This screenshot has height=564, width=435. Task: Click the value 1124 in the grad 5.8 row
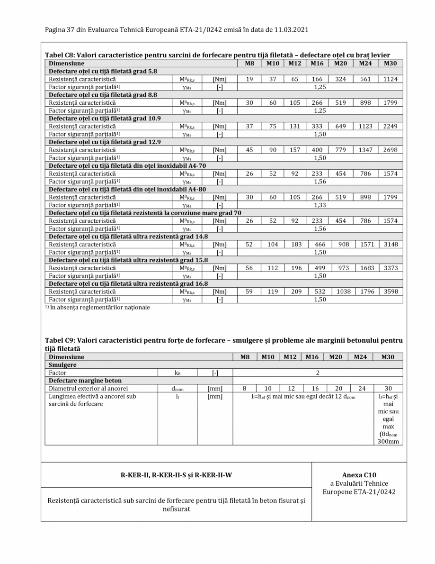click(391, 79)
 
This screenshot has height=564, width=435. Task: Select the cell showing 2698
click(391, 150)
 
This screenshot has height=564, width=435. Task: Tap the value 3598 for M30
click(391, 291)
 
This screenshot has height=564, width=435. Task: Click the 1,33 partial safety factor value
click(320, 205)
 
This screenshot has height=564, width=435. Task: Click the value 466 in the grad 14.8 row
click(320, 244)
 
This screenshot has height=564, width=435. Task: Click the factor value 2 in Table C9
click(318, 373)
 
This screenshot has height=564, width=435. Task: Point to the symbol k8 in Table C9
click(178, 373)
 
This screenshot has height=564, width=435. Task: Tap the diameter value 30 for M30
click(389, 388)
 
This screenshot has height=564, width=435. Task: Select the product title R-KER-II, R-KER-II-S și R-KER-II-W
click(176, 475)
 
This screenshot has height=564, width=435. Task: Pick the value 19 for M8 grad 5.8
click(249, 79)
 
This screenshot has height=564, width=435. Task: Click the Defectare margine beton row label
click(85, 381)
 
